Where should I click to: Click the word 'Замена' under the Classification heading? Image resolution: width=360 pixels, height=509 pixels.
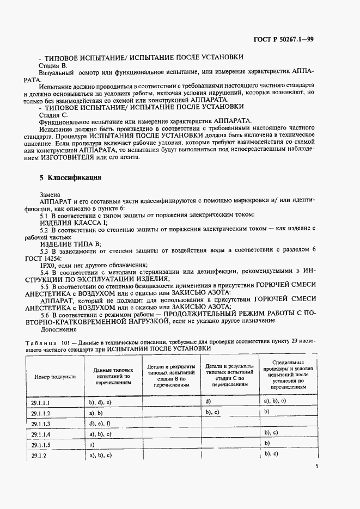(51, 193)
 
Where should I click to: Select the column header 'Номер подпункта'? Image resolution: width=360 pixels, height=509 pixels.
(55, 376)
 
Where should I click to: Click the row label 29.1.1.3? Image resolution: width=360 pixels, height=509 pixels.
(41, 424)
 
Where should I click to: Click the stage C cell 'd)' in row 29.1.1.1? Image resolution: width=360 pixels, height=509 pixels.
(209, 401)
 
